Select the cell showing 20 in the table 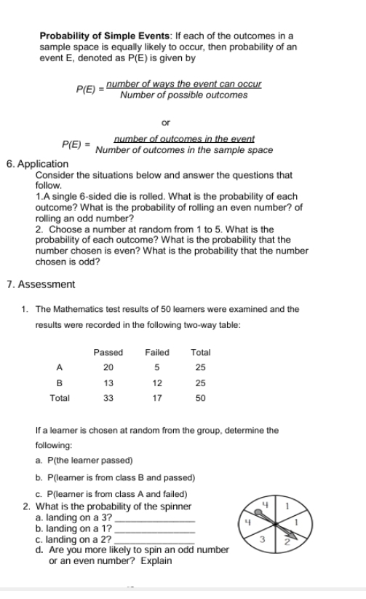[x=108, y=367]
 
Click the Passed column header [x=108, y=352]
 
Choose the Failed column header [x=157, y=352]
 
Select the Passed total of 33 [x=108, y=399]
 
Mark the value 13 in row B [x=108, y=383]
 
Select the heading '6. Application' [x=37, y=164]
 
